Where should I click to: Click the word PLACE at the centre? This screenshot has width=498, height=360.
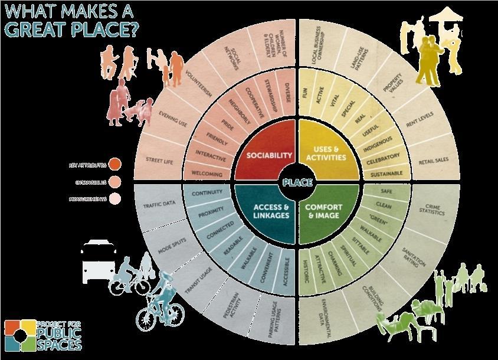[x=297, y=182]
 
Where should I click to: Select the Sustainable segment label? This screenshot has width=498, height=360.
[x=387, y=174]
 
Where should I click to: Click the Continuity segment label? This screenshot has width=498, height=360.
[x=207, y=192]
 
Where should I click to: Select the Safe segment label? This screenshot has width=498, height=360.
[x=386, y=191]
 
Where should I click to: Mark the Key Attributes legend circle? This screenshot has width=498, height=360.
[x=116, y=164]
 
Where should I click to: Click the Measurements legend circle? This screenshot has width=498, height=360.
[x=116, y=198]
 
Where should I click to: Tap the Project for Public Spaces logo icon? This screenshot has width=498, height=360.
[x=19, y=335]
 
